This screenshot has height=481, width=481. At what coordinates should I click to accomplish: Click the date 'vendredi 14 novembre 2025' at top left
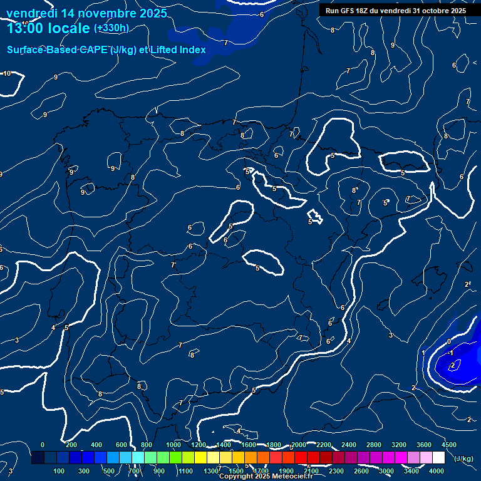click(86, 13)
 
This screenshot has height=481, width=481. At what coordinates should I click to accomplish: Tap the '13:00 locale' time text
click(48, 28)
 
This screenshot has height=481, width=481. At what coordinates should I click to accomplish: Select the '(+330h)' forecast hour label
click(111, 28)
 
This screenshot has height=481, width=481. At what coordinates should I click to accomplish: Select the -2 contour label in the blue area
click(452, 365)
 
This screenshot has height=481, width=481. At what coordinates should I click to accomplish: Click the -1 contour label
click(450, 353)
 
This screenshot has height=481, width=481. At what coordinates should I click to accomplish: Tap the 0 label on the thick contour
click(448, 341)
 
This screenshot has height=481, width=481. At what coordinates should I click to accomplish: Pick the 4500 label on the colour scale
click(449, 445)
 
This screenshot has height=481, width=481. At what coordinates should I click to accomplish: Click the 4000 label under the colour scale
click(437, 471)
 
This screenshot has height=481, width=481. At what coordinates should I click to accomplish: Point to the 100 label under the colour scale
click(59, 471)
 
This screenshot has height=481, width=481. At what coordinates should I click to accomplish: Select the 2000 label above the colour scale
click(298, 445)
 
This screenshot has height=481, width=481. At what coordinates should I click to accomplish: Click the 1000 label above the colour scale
click(173, 445)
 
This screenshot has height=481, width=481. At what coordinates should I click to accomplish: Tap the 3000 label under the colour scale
click(386, 471)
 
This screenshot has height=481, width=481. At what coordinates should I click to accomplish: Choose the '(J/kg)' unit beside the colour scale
click(463, 459)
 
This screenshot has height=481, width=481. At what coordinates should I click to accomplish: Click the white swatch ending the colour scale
click(438, 458)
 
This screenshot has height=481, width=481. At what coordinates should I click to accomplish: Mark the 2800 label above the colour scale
click(374, 445)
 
